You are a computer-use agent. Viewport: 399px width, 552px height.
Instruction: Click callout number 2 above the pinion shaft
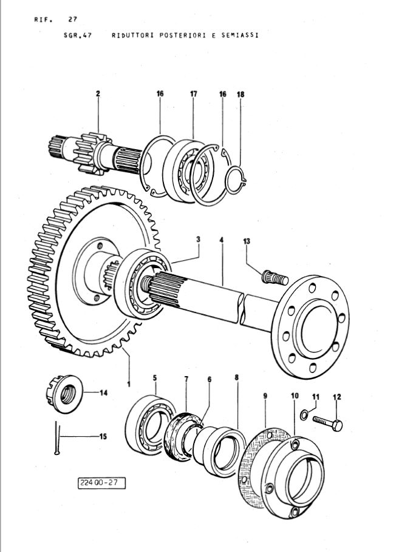click(97, 94)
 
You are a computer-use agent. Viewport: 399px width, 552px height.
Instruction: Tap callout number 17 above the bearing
click(193, 94)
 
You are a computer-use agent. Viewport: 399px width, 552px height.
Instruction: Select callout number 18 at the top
click(240, 95)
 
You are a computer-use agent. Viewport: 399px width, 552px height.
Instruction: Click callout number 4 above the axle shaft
click(222, 241)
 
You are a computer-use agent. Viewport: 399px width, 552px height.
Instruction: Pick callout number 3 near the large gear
click(198, 240)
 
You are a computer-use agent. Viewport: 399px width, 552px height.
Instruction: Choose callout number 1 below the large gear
click(129, 384)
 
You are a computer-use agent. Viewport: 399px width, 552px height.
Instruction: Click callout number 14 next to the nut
click(103, 393)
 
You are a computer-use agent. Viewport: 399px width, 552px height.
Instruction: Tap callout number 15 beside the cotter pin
click(103, 436)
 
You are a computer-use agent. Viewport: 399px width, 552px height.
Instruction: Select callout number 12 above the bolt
click(337, 397)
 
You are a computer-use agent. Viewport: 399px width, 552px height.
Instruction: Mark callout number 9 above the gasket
click(265, 395)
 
